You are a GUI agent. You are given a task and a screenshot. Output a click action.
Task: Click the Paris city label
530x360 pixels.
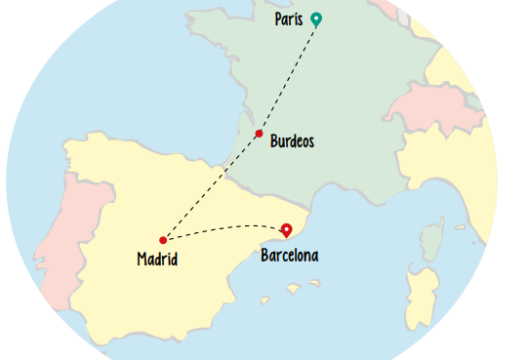(x=288, y=20)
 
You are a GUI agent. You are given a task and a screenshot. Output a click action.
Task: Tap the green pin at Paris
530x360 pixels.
(x=316, y=18)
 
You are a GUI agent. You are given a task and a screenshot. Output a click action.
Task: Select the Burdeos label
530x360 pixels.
(x=292, y=141)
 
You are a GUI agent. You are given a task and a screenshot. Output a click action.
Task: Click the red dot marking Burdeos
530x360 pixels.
(x=259, y=134)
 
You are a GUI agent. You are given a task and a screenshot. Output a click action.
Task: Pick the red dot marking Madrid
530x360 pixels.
(x=163, y=240)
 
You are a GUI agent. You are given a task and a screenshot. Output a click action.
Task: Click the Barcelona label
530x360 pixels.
(x=289, y=256)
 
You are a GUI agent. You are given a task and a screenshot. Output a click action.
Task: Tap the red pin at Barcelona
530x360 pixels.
(x=286, y=230)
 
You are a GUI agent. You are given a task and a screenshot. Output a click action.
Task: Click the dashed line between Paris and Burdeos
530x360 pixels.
(x=289, y=75)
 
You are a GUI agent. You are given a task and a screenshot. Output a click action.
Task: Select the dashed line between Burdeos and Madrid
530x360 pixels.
(x=211, y=186)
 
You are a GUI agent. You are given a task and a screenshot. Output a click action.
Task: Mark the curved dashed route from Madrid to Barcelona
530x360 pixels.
(x=224, y=228)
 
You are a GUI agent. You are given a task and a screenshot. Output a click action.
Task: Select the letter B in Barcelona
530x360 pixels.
(x=265, y=256)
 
